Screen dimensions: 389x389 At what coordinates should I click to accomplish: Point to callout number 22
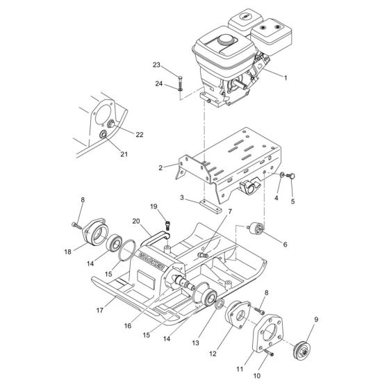139,134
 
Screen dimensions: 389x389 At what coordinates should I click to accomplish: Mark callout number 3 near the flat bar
181,198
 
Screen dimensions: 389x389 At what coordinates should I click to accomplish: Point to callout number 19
154,206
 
